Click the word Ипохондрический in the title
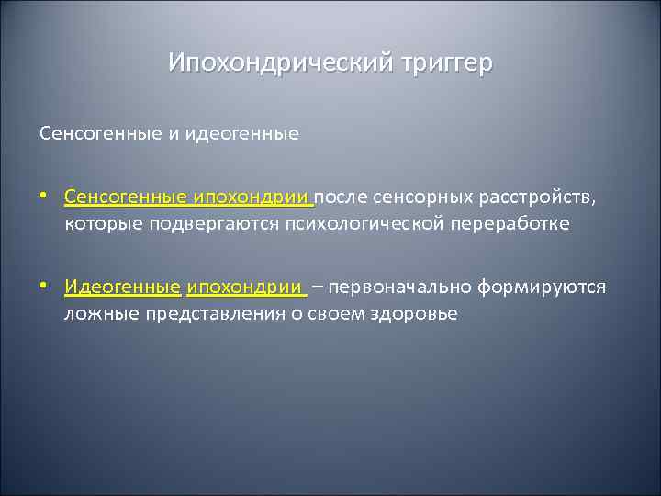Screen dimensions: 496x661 coord(281,62)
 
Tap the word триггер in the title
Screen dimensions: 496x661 coord(447,62)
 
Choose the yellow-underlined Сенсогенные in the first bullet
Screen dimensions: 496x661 coord(126,197)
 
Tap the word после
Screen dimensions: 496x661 coord(343,197)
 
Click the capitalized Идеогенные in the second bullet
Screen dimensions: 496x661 coord(123,287)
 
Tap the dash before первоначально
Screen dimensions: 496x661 coord(317,287)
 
